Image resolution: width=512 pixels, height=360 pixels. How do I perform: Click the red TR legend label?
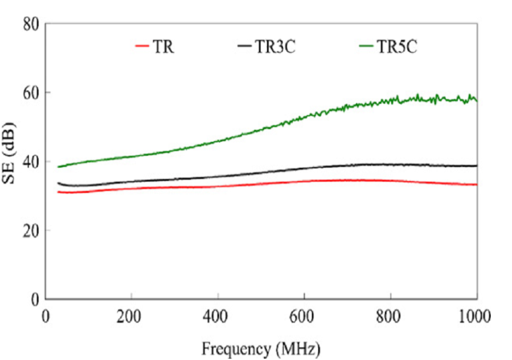pos(163,48)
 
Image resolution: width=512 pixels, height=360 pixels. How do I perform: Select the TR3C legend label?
pos(275,48)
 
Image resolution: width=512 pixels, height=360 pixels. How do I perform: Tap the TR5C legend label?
pos(398,48)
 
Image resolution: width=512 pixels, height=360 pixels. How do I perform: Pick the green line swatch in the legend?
pos(366,48)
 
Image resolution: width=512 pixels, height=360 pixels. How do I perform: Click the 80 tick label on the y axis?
pos(30,24)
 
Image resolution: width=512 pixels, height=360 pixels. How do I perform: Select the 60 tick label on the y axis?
pos(30,93)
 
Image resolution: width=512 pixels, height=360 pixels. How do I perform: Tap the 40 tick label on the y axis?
pos(30,161)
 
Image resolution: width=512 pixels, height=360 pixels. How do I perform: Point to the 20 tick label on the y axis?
pos(30,230)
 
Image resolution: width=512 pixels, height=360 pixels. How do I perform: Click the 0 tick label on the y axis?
pos(34,299)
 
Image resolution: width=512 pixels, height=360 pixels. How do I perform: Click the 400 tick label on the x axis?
pos(218,315)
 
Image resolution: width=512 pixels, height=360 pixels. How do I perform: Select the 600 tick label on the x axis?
pos(304,315)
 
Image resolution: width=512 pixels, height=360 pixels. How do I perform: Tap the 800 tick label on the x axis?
pos(390,315)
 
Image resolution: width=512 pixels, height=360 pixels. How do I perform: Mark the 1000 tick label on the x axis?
pos(476,315)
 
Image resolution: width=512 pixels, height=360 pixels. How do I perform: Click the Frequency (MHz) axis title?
pos(261,347)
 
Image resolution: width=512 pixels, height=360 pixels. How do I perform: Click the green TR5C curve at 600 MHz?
pos(304,116)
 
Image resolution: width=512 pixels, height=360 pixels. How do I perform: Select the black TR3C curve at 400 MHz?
pos(218,176)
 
